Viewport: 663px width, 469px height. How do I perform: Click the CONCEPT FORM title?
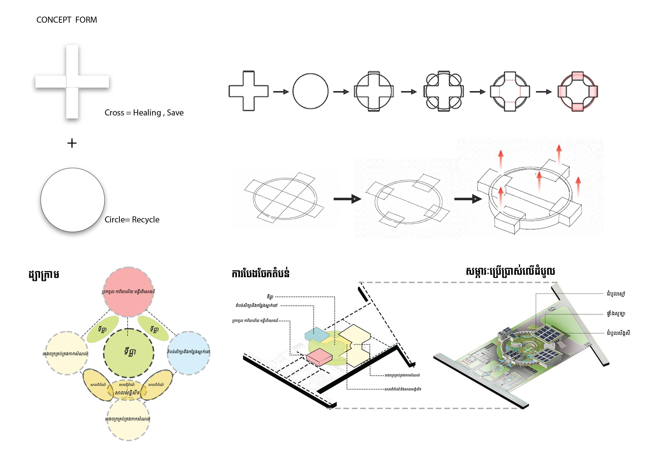click(67, 20)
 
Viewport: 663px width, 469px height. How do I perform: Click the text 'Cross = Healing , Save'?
click(144, 113)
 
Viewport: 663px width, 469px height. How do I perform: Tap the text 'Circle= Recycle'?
click(132, 220)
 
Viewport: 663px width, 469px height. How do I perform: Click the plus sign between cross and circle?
click(72, 143)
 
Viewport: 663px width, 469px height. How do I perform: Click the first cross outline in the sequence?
click(248, 91)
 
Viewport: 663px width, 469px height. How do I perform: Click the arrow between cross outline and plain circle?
click(281, 92)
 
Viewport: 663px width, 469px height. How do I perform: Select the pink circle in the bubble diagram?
click(128, 292)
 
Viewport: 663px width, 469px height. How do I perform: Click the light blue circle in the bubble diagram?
click(189, 353)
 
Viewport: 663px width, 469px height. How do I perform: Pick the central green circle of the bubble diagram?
click(128, 353)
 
